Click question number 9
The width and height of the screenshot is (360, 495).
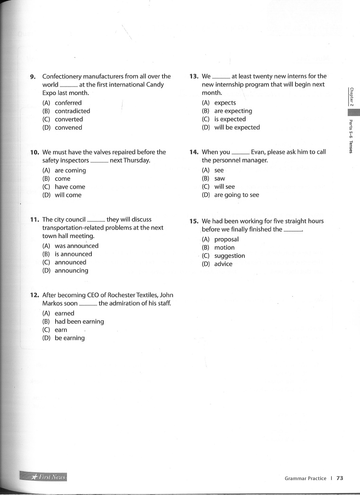[33, 76]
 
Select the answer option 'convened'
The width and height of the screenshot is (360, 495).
[68, 127]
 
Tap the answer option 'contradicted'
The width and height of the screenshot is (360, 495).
[72, 111]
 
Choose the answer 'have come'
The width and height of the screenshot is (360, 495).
[70, 186]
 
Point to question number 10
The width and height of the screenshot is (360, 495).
[34, 152]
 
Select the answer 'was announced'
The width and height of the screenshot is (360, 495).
[76, 246]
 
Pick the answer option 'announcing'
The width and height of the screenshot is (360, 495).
[71, 271]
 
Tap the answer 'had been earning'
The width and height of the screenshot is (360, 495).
[79, 321]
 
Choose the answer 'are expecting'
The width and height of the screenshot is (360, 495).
[233, 111]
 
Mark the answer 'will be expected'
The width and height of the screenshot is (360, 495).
[237, 127]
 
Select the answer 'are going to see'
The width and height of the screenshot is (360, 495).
[236, 195]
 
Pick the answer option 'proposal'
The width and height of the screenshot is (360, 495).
[226, 239]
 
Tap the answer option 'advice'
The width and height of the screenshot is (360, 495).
[223, 264]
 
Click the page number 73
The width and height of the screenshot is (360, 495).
[340, 478]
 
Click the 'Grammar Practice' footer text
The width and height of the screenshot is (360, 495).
[305, 478]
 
